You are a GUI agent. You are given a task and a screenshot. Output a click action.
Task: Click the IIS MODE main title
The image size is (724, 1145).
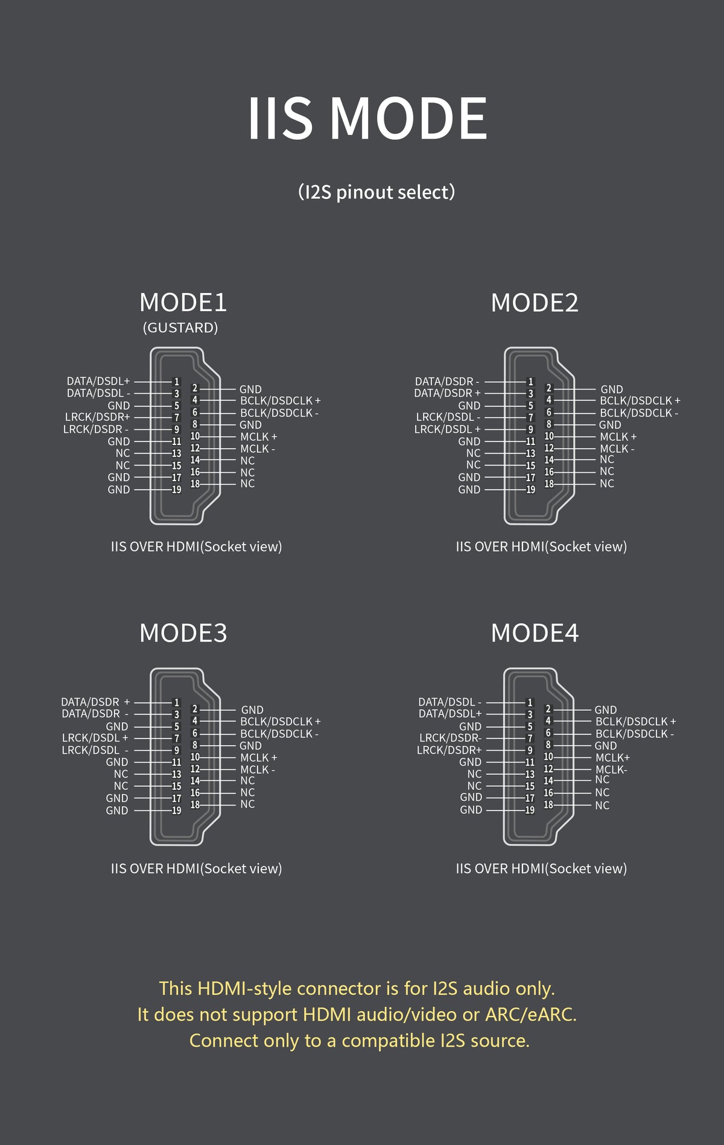tap(367, 118)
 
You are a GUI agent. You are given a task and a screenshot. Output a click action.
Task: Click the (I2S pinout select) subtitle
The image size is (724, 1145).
tap(376, 192)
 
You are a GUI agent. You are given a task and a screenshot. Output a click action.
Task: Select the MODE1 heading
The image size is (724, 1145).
tap(183, 303)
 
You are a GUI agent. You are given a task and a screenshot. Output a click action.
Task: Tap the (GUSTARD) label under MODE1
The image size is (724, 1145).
tap(180, 327)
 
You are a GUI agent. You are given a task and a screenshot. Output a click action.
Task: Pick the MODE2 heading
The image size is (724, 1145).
tap(535, 303)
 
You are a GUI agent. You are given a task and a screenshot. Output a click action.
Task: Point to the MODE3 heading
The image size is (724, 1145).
tap(183, 633)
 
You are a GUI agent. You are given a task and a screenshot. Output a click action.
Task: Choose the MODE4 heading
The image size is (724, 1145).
tap(535, 633)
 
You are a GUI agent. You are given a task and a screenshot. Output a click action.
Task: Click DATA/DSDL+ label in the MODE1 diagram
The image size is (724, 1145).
tap(98, 381)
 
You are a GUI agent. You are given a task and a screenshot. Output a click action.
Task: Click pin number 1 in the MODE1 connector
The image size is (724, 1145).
tap(177, 382)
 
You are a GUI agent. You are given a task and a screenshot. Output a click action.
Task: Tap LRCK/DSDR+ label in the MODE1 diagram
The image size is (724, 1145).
tap(98, 417)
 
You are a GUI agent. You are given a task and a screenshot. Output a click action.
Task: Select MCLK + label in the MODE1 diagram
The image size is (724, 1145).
tap(259, 437)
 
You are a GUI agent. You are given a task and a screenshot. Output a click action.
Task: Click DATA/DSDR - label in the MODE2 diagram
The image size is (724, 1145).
tap(447, 381)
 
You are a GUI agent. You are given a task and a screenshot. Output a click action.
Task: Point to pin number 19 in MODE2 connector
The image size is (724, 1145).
tap(531, 490)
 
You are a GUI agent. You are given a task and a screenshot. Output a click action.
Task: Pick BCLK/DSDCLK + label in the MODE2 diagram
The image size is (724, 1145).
tap(640, 400)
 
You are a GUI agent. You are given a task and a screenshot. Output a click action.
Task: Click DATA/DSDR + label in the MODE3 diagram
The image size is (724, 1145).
tap(95, 702)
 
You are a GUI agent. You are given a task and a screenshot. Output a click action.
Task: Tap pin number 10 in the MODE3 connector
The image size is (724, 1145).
tap(195, 757)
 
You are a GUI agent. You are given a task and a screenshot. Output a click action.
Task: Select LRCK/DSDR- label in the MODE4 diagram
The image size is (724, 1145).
tap(450, 737)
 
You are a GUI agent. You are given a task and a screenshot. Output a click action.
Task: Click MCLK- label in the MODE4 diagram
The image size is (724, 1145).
tap(611, 769)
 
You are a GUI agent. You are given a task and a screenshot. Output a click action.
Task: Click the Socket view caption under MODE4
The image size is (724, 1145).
tap(541, 868)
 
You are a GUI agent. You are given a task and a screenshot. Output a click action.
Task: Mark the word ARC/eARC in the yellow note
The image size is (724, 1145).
tap(531, 1014)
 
